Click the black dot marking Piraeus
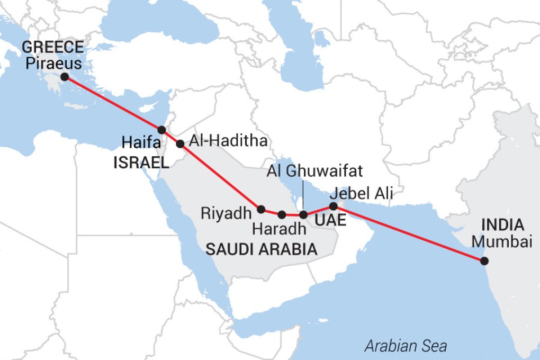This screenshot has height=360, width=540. coord(65,77)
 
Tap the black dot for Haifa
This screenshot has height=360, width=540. coord(162,130)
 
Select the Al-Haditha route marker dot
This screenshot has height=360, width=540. coord(180,143)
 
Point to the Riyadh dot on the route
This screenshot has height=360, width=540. coord(260,209)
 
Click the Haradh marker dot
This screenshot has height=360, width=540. coord(282,214)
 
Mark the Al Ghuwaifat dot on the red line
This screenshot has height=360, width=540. coord(303,214)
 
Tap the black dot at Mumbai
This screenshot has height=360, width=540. coord(483,260)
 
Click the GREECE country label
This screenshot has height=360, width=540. coord(52,48)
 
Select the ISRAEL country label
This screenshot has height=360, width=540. coord(141,163)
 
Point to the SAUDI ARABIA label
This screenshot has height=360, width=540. coord(262,249)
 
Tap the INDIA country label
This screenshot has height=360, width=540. coord(502,225)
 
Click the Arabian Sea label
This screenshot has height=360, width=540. coord(406,347)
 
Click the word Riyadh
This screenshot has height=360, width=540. coord(225,213)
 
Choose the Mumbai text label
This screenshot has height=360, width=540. coord(502,242)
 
